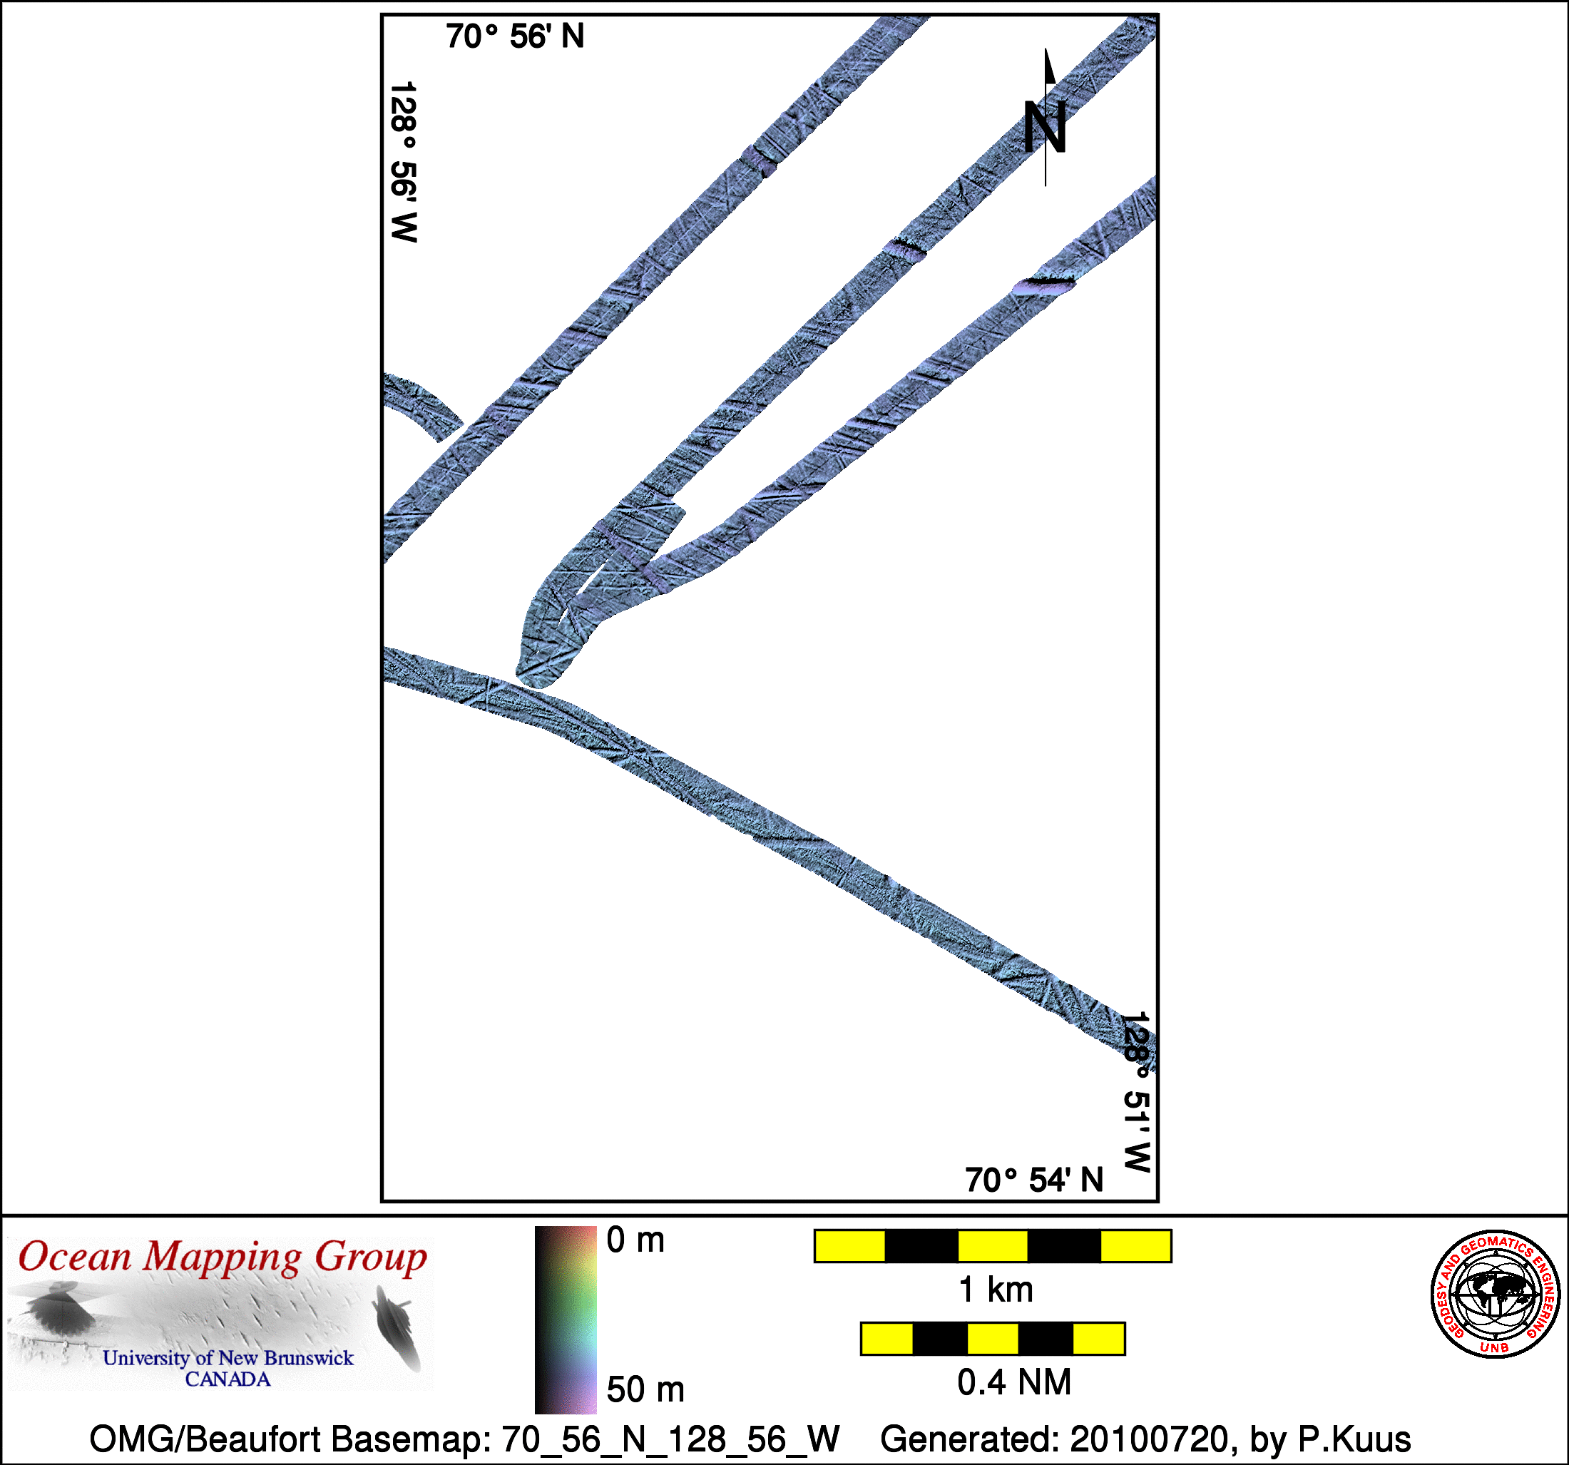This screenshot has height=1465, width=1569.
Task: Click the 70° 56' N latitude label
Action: [515, 36]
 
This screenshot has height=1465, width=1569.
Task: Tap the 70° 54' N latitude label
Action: [1034, 1180]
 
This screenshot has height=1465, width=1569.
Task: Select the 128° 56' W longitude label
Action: [403, 161]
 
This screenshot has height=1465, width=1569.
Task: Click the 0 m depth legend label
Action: [635, 1240]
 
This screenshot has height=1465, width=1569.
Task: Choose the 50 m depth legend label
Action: [645, 1389]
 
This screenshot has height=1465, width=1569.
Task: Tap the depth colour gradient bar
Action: [566, 1319]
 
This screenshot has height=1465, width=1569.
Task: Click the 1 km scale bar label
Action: [995, 1290]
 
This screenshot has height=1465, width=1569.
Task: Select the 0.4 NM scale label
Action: [1014, 1382]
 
